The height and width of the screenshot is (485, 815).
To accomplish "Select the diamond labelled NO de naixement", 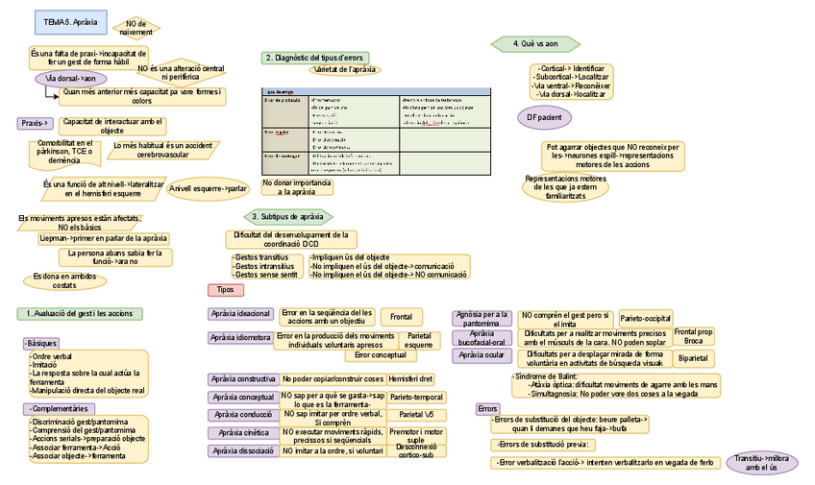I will tap(136, 28).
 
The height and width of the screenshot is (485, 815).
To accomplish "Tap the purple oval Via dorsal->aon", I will tap(70, 79).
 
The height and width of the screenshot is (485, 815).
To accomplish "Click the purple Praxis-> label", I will tap(35, 123).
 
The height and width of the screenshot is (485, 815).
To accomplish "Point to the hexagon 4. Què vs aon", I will tap(535, 43).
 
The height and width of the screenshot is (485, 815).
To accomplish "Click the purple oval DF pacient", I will tap(544, 117).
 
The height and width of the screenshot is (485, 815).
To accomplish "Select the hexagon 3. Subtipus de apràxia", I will tap(286, 216).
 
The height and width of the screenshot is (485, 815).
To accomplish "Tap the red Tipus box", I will tap(226, 289).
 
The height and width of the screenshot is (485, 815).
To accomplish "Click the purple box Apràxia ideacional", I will tap(240, 314).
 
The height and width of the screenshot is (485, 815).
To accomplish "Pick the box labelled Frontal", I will tap(401, 316).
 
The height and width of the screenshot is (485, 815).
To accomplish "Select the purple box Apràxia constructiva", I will tap(242, 378).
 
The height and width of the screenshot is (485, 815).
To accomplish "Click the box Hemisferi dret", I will tap(411, 378).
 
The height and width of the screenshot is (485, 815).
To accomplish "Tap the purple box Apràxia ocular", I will tap(482, 354).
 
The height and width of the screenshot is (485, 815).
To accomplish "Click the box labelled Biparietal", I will tap(692, 358).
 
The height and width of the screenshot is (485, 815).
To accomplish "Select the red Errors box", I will tap(487, 409).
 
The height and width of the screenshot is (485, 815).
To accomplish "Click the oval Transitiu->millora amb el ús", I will tap(761, 463).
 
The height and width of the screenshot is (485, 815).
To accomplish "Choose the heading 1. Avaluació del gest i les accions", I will tap(80, 314).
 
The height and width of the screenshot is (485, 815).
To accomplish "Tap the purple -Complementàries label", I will tap(57, 409).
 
